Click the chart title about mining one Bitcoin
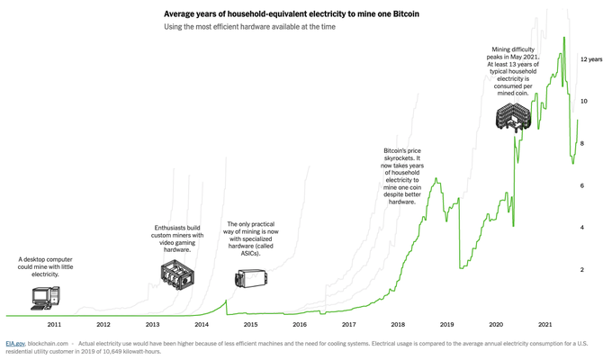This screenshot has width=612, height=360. coord(291,14)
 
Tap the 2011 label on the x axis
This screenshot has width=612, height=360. coord(54,324)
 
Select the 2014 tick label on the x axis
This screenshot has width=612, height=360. coord(202,324)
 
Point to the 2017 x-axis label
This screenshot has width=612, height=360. coord(348,324)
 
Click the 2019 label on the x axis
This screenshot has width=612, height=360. coord(446,324)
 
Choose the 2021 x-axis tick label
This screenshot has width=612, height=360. coord(544,324)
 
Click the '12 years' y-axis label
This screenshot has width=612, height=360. coord(591,59)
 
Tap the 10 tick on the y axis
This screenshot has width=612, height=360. coord(583,102)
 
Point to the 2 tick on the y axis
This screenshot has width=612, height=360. coord(582,270)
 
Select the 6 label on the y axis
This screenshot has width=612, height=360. coord(582,186)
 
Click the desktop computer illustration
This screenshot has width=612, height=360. coord(45,296)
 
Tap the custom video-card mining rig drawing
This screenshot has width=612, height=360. coord(178,276)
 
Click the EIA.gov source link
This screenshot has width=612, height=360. coord(15,343)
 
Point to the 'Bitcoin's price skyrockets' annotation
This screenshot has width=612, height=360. coord(402,175)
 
